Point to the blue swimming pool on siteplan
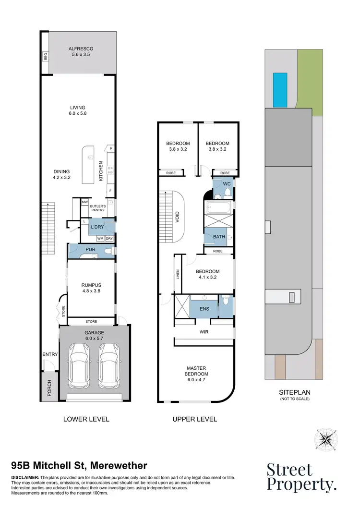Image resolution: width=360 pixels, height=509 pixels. pyautogui.click(x=280, y=90)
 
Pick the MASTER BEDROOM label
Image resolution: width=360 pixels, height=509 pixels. pyautogui.click(x=197, y=371)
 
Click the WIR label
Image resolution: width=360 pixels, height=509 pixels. pyautogui.click(x=203, y=331)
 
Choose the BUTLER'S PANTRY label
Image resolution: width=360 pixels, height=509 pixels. pyautogui.click(x=98, y=208)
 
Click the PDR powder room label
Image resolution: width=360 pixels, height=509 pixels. pyautogui.click(x=91, y=250)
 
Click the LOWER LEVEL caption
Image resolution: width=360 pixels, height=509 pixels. pyautogui.click(x=86, y=419)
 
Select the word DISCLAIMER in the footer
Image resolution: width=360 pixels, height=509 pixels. pyautogui.click(x=25, y=477)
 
